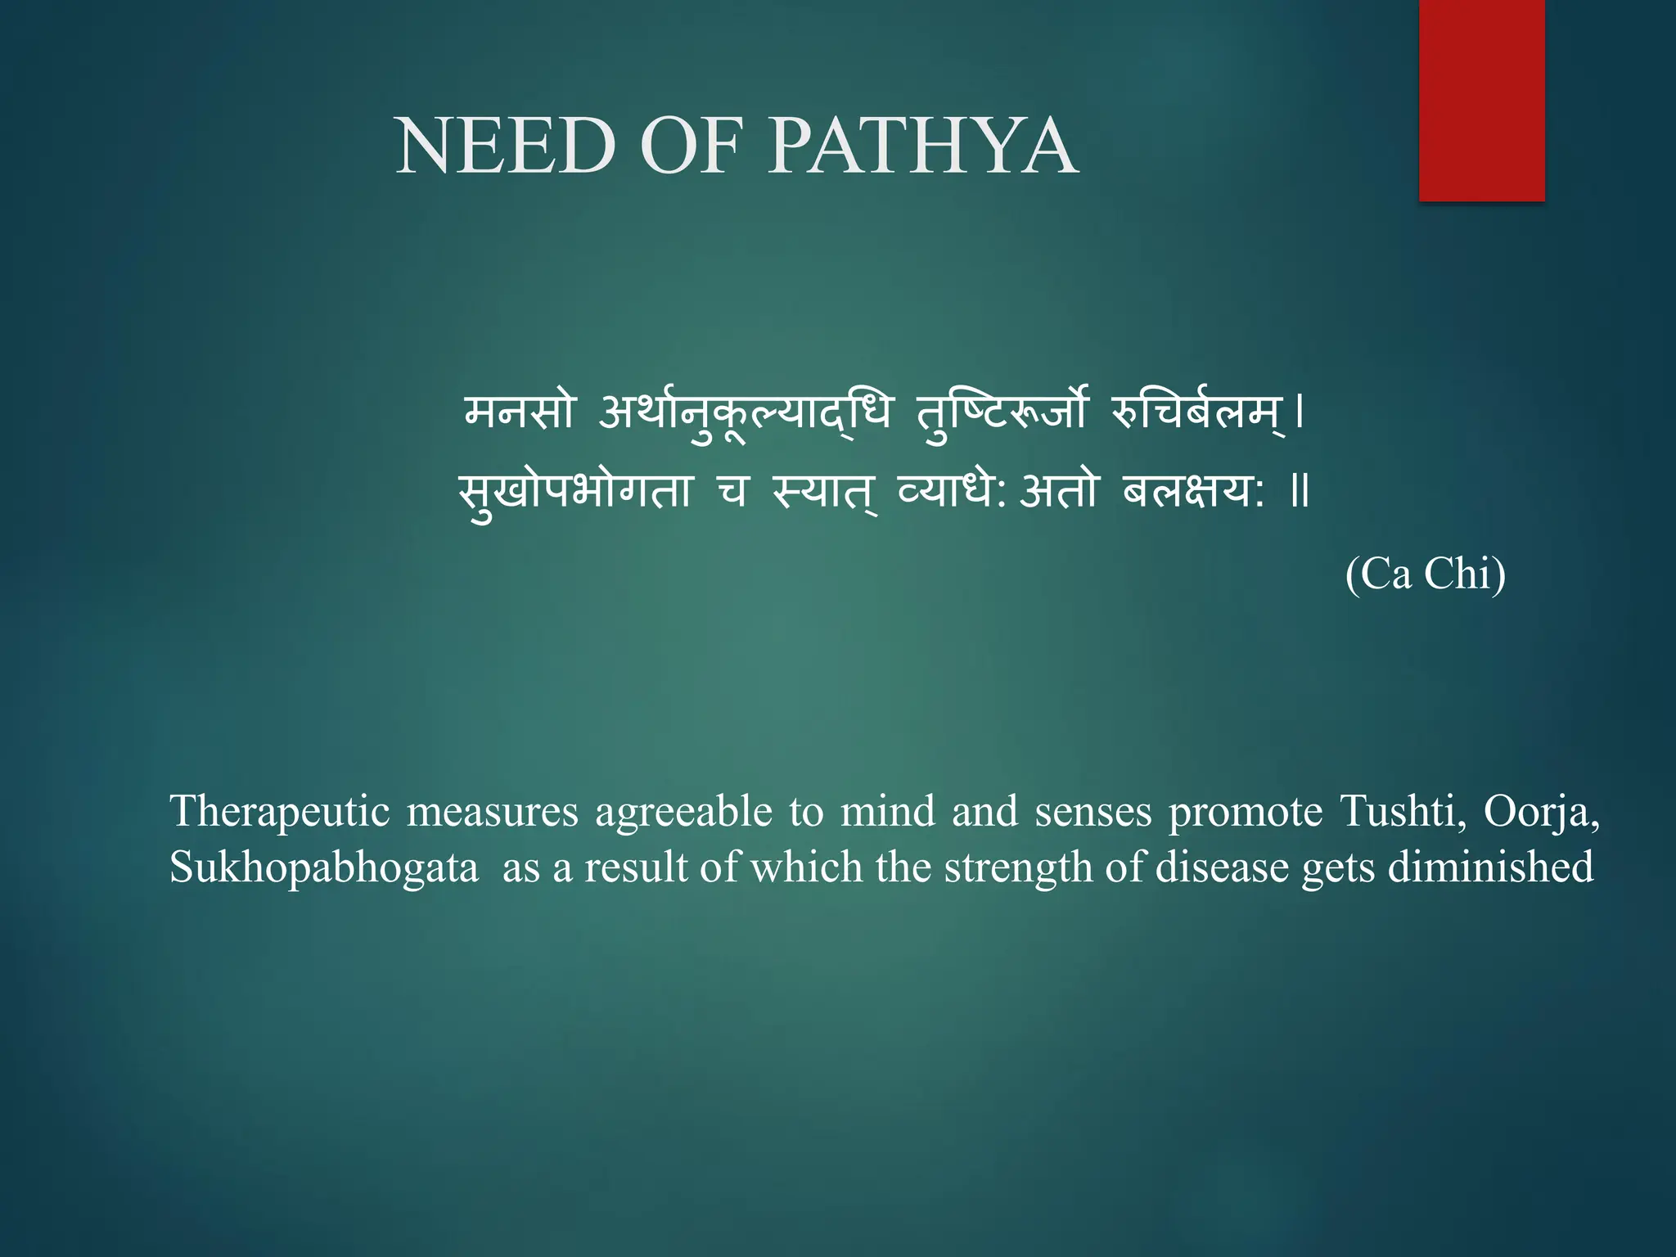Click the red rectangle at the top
[x=1481, y=100]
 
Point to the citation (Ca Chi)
[x=1425, y=574]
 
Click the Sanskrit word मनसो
[x=520, y=411]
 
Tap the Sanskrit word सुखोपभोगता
[x=574, y=491]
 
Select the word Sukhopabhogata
[x=324, y=867]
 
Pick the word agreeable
[x=683, y=812]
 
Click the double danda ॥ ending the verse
[x=1300, y=491]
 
